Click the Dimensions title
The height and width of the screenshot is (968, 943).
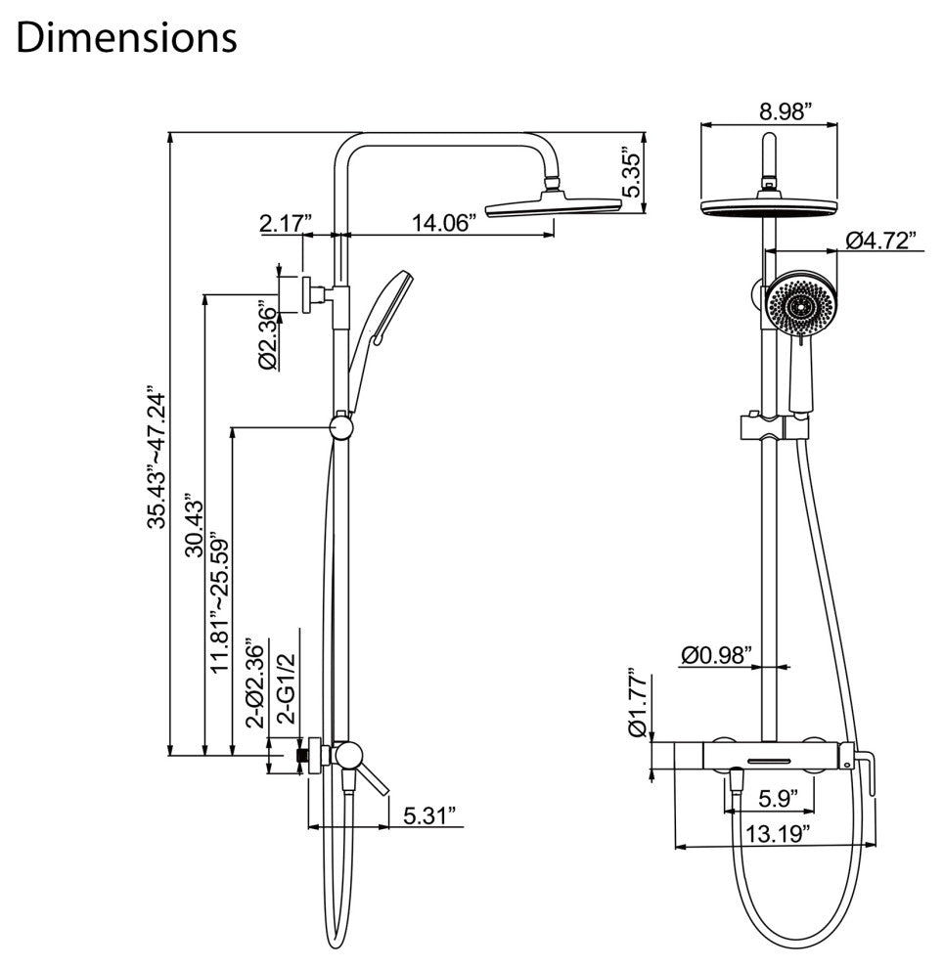[x=127, y=37]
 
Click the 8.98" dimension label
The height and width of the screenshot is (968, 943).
[x=786, y=111]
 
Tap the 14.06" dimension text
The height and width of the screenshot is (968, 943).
[x=443, y=222]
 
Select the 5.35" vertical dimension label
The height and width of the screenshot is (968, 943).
[x=635, y=175]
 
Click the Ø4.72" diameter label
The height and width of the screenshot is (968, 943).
[x=882, y=239]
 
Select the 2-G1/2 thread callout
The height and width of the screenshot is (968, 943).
[x=287, y=689]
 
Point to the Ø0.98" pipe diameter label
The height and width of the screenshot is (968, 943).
[x=717, y=652]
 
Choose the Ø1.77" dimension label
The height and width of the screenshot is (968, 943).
[x=637, y=702]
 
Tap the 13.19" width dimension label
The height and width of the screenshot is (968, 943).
[x=770, y=834]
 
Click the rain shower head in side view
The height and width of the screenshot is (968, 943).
[x=554, y=207]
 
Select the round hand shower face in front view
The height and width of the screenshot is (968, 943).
[x=801, y=305]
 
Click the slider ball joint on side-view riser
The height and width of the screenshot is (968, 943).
[x=340, y=427]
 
